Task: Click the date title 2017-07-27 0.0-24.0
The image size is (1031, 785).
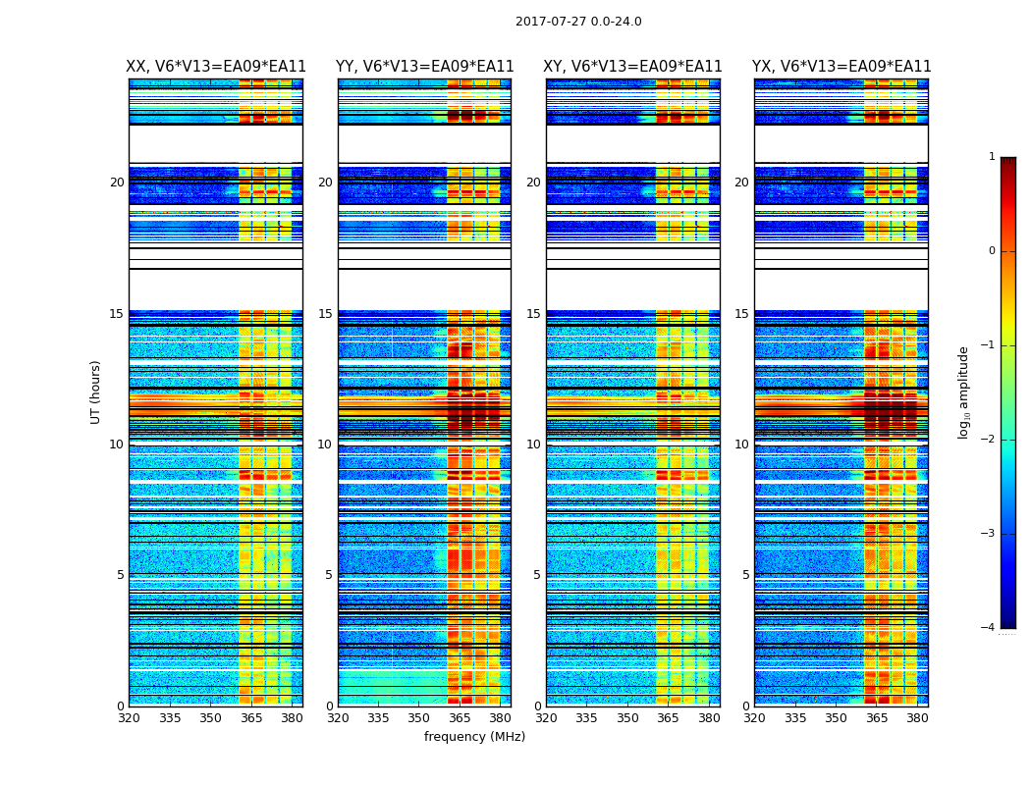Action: click(578, 22)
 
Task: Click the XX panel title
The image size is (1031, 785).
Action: click(216, 67)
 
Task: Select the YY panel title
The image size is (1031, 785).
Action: click(424, 67)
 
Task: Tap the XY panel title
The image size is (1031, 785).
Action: click(632, 67)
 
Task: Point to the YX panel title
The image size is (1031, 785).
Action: click(841, 67)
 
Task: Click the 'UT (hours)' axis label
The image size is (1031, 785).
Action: click(96, 392)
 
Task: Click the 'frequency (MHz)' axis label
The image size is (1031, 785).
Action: click(474, 737)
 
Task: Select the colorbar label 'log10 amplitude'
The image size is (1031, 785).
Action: click(964, 392)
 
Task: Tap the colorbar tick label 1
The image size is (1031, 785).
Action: click(992, 157)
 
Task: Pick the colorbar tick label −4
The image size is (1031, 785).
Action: click(989, 628)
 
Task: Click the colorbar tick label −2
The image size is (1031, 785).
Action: click(989, 440)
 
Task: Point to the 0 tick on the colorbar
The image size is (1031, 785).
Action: click(992, 251)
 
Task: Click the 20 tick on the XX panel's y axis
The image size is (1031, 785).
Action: click(117, 183)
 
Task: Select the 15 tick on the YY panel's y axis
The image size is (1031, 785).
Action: click(325, 314)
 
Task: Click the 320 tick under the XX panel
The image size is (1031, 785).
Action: click(129, 718)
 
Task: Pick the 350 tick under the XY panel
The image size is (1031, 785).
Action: click(627, 718)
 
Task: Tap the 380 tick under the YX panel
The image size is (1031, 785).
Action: click(917, 718)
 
